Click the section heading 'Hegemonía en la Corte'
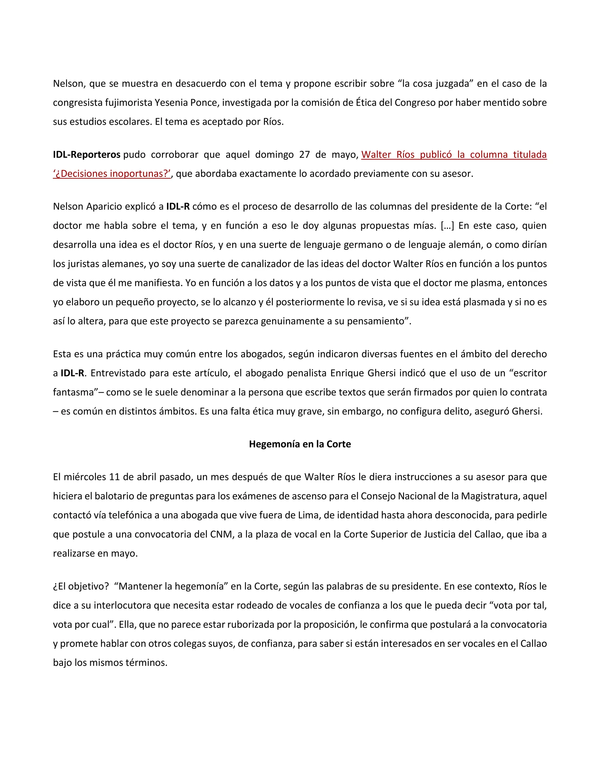300,444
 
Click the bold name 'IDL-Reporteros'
87,155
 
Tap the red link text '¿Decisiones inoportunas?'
112,174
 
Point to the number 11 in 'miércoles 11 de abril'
115,477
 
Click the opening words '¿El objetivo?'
81,586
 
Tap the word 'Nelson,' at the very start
69,83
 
